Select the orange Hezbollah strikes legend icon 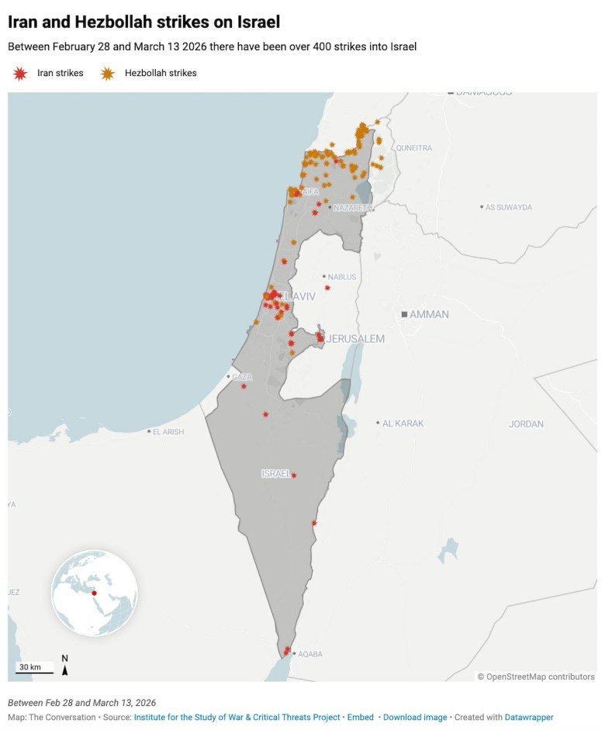(x=107, y=73)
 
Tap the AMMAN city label (x=428, y=314)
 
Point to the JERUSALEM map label (x=355, y=339)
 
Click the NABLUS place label (x=342, y=276)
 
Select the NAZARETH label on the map (x=353, y=208)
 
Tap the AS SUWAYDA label (x=509, y=207)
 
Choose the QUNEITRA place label (x=413, y=147)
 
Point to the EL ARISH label (x=168, y=431)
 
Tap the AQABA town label (x=310, y=654)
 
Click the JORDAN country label (x=526, y=424)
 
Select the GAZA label (x=241, y=377)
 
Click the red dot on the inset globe (x=94, y=593)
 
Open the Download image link (x=415, y=718)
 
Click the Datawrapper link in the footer (x=529, y=718)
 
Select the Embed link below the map (x=361, y=718)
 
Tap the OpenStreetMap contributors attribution (x=536, y=676)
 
